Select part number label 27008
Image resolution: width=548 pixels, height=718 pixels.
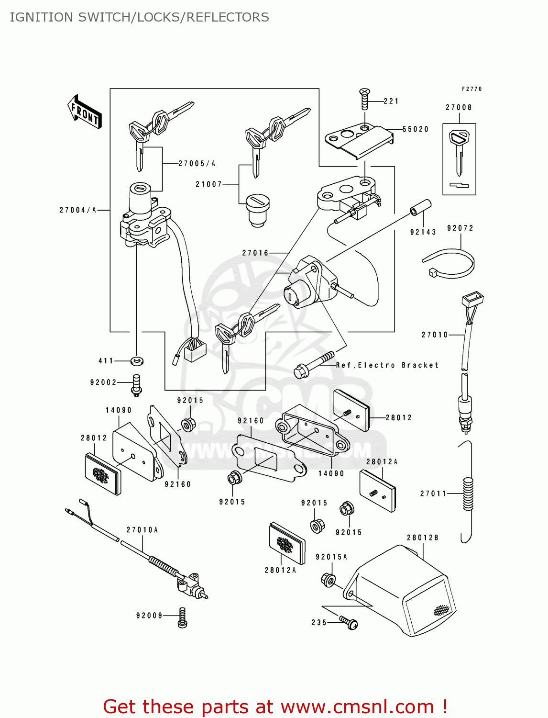point(459,108)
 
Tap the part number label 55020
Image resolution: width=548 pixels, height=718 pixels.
point(416,129)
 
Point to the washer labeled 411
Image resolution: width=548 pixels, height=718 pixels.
point(137,361)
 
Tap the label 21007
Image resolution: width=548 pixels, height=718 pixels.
point(209,184)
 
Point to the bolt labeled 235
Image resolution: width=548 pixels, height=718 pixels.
point(350,622)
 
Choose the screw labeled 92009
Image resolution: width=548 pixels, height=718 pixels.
point(182,617)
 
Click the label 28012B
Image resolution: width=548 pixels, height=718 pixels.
point(423,538)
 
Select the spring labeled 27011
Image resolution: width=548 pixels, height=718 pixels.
point(468,494)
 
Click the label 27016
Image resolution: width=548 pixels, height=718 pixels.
point(255,253)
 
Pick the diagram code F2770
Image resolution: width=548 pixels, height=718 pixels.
point(471,89)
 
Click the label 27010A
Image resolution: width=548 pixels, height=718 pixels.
point(142,530)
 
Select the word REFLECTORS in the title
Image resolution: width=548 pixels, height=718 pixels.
point(228,17)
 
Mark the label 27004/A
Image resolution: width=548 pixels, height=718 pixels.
point(78,210)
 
